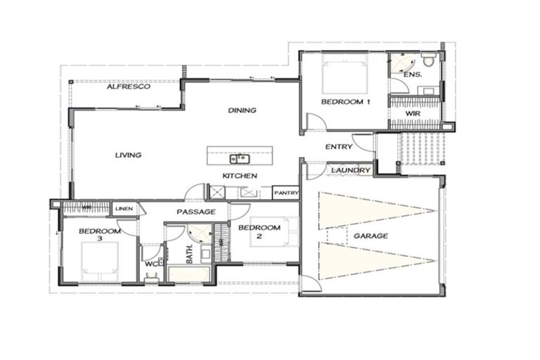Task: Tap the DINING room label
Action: [242, 110]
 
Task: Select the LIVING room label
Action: [129, 155]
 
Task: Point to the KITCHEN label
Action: [239, 175]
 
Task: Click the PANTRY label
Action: [286, 192]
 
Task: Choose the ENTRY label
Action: [339, 147]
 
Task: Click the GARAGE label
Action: [371, 236]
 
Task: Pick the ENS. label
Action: [413, 74]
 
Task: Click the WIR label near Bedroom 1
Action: [413, 112]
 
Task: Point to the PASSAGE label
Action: [195, 212]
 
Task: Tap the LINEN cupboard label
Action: [124, 208]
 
